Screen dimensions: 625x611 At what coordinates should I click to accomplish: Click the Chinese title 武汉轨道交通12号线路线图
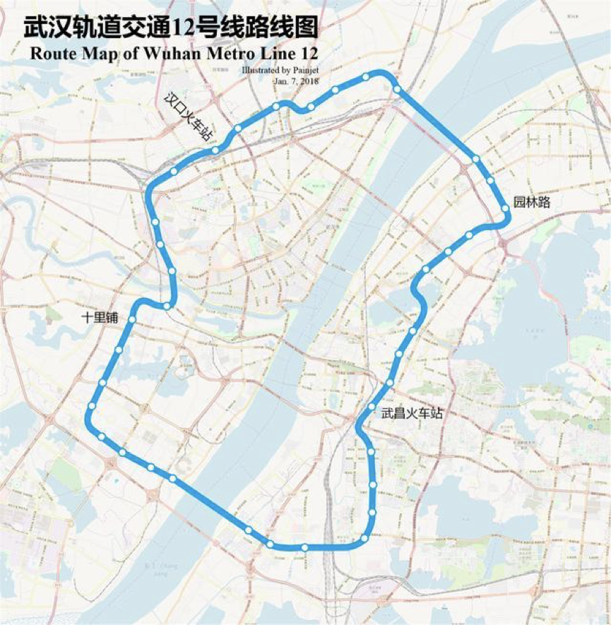pos(170,28)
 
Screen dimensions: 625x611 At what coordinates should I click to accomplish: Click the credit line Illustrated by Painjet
pos(280,71)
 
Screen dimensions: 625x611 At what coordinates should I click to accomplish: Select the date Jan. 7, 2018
pos(296,81)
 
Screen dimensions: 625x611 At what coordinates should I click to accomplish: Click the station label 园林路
pos(531,203)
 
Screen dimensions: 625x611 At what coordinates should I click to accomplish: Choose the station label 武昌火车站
pos(412,413)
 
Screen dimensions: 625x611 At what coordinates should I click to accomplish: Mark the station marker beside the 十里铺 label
pos(132,320)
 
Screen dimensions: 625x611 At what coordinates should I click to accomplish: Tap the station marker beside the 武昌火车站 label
pos(372,407)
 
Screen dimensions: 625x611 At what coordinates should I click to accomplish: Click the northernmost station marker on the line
pos(366,77)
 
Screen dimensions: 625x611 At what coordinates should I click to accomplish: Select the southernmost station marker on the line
pos(304,548)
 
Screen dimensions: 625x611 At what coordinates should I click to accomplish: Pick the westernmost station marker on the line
pos(92,406)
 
